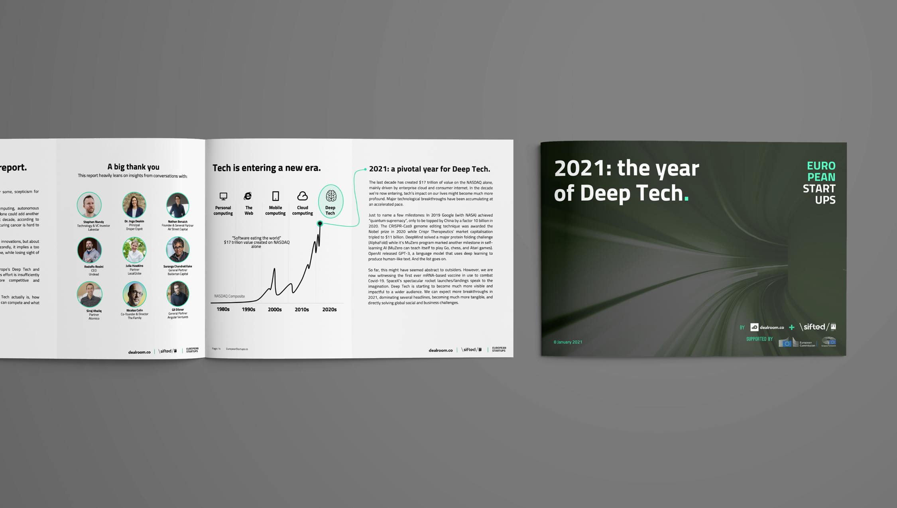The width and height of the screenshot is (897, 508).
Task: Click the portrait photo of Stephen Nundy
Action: point(89,205)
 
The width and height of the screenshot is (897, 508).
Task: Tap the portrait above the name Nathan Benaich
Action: point(177,205)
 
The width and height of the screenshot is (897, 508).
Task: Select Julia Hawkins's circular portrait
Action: point(134,249)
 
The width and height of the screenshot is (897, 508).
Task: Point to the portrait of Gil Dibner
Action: point(177,293)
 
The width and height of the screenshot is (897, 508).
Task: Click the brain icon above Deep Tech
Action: point(331,196)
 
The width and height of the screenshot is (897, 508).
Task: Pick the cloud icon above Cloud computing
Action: point(303,196)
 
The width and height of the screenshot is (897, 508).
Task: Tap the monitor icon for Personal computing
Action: point(223,196)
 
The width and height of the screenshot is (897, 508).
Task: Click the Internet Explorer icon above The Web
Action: point(248,196)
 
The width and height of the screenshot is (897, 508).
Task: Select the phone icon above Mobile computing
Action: point(275,196)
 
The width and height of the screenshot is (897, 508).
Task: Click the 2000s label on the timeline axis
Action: point(275,310)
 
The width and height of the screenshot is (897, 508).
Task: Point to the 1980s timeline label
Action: point(223,310)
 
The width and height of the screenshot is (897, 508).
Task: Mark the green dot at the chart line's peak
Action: point(320,224)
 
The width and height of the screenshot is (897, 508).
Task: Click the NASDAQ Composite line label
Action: point(230,296)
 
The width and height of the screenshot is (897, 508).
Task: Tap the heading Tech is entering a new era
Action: point(266,168)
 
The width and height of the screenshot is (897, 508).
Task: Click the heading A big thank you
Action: point(133,167)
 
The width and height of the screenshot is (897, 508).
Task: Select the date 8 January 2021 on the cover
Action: point(568,342)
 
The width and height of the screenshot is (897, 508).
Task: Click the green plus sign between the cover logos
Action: point(792,328)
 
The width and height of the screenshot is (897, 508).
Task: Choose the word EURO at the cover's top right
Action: point(821,165)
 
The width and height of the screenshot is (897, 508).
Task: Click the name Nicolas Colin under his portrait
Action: point(134,310)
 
